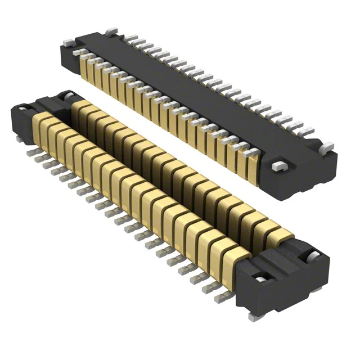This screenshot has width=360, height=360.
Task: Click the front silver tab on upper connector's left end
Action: click(67, 43)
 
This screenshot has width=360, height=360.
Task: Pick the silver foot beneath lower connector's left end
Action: click(19, 137)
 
